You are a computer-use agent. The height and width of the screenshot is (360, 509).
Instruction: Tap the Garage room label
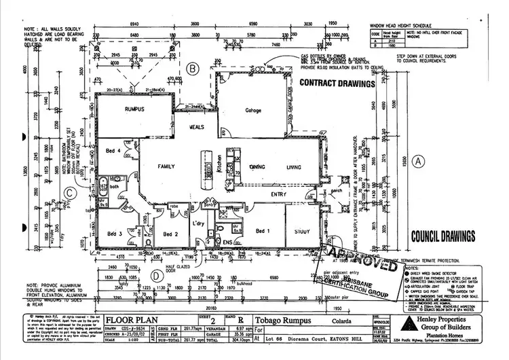point(253,111)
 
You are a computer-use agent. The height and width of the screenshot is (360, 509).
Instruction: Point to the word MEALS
point(197,126)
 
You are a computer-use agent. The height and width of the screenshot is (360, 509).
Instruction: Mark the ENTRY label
point(278,195)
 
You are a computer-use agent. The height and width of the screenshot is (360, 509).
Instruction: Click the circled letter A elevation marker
point(418,161)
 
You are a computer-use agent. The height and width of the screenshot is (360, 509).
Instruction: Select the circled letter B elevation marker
point(193,69)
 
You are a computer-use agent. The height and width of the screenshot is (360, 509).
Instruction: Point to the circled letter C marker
point(70,192)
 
